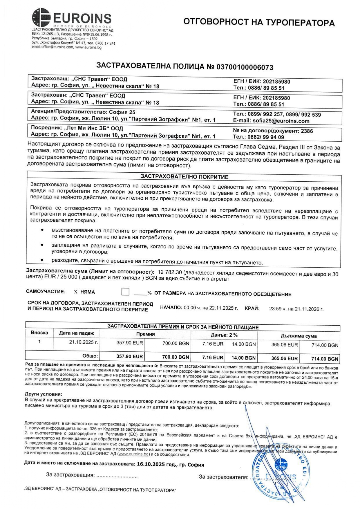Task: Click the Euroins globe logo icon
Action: point(41,17)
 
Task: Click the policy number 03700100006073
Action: point(245,67)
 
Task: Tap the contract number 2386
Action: point(307,131)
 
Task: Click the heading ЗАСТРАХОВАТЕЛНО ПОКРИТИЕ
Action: point(184,177)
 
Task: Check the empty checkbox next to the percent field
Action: point(125,291)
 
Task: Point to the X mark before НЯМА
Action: point(76,292)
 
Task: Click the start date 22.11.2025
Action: point(223,308)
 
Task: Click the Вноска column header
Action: point(39,333)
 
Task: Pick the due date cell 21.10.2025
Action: point(84,342)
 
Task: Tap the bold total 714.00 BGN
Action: point(325,359)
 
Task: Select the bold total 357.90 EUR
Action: point(130,356)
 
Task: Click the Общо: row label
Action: point(90,356)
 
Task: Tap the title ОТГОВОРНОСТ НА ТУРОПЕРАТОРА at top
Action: point(259,22)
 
